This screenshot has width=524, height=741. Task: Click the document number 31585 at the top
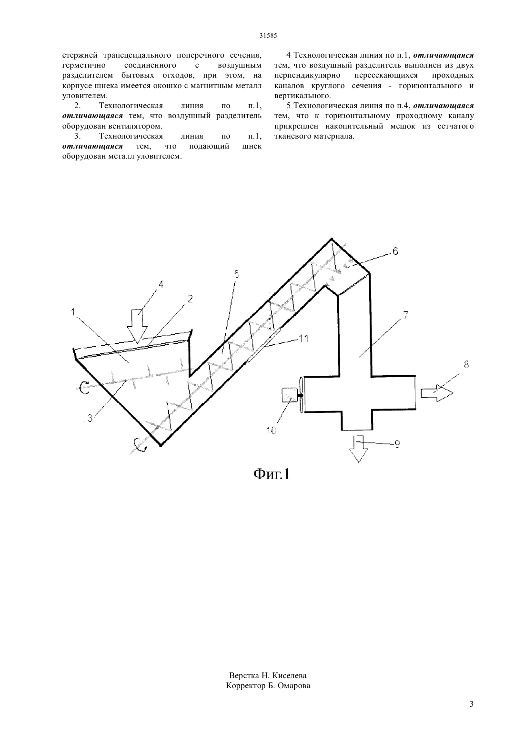[268, 36]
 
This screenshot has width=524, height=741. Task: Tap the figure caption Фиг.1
[272, 474]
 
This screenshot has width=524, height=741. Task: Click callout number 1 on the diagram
[73, 311]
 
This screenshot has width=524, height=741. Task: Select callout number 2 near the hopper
[190, 299]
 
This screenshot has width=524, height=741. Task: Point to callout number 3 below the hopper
[90, 418]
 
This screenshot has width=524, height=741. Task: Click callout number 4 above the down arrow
[161, 284]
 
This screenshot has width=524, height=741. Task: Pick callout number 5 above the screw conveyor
[237, 274]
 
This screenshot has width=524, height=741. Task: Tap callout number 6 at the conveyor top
[395, 251]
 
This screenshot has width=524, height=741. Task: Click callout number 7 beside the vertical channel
[405, 314]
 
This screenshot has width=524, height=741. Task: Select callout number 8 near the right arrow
[466, 364]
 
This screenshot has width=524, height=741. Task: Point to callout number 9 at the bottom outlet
[397, 444]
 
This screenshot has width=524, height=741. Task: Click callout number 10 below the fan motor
[271, 431]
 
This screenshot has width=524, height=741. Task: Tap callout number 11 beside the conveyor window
[303, 339]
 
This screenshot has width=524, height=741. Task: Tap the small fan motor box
[289, 395]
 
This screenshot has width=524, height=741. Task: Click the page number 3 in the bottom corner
[472, 704]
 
